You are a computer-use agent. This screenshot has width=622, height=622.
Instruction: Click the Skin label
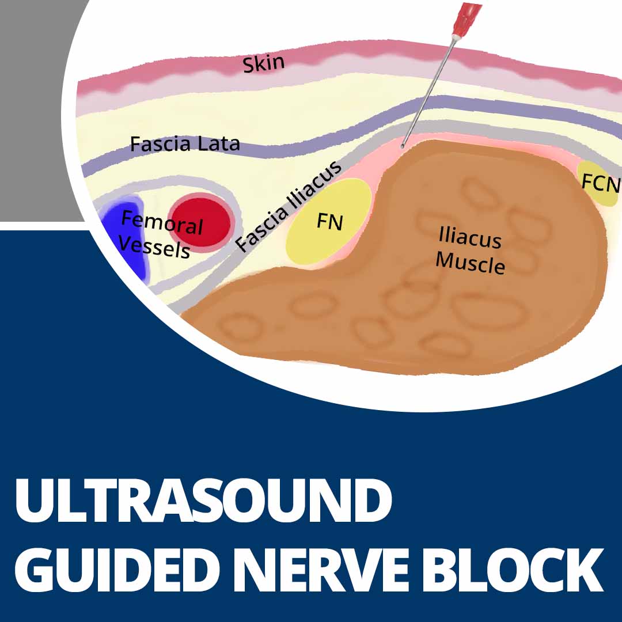click(263, 64)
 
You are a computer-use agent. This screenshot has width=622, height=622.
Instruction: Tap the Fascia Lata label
click(184, 143)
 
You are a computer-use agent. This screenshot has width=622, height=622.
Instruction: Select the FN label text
click(329, 222)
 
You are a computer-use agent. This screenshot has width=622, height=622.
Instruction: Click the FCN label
click(601, 184)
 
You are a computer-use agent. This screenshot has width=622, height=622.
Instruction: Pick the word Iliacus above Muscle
click(470, 237)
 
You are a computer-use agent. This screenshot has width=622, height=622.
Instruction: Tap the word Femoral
click(162, 222)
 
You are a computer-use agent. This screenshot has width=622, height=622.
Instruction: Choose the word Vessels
click(154, 248)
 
